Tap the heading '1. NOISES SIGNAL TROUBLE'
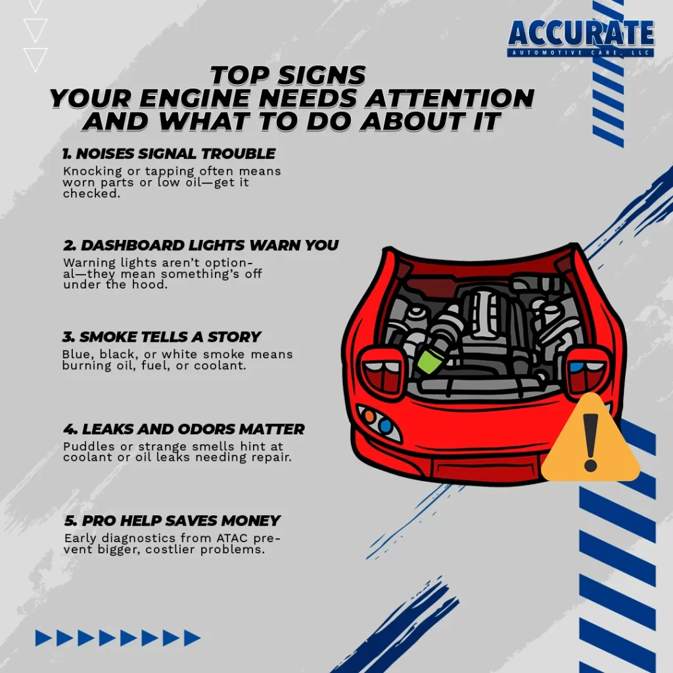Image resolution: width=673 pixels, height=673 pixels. [x=169, y=154]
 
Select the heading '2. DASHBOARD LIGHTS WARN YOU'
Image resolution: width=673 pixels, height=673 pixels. [x=201, y=245]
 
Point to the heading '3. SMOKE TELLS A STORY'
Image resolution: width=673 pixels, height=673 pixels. [x=162, y=337]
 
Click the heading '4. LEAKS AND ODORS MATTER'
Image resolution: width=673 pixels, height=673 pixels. [x=184, y=429]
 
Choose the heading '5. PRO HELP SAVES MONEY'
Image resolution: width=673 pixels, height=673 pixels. [x=172, y=521]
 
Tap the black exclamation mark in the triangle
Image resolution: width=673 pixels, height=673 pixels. [x=591, y=442]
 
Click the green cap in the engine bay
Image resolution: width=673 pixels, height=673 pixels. [x=431, y=361]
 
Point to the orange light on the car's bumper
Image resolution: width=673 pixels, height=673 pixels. [x=369, y=415]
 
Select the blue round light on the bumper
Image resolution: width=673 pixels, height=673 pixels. [x=385, y=426]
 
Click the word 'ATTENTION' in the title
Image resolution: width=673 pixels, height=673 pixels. [x=450, y=99]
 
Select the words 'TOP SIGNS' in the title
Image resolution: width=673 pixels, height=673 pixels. [x=288, y=75]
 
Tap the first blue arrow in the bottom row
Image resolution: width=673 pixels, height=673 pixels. [x=43, y=638]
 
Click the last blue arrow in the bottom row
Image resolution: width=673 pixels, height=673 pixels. [x=193, y=638]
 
